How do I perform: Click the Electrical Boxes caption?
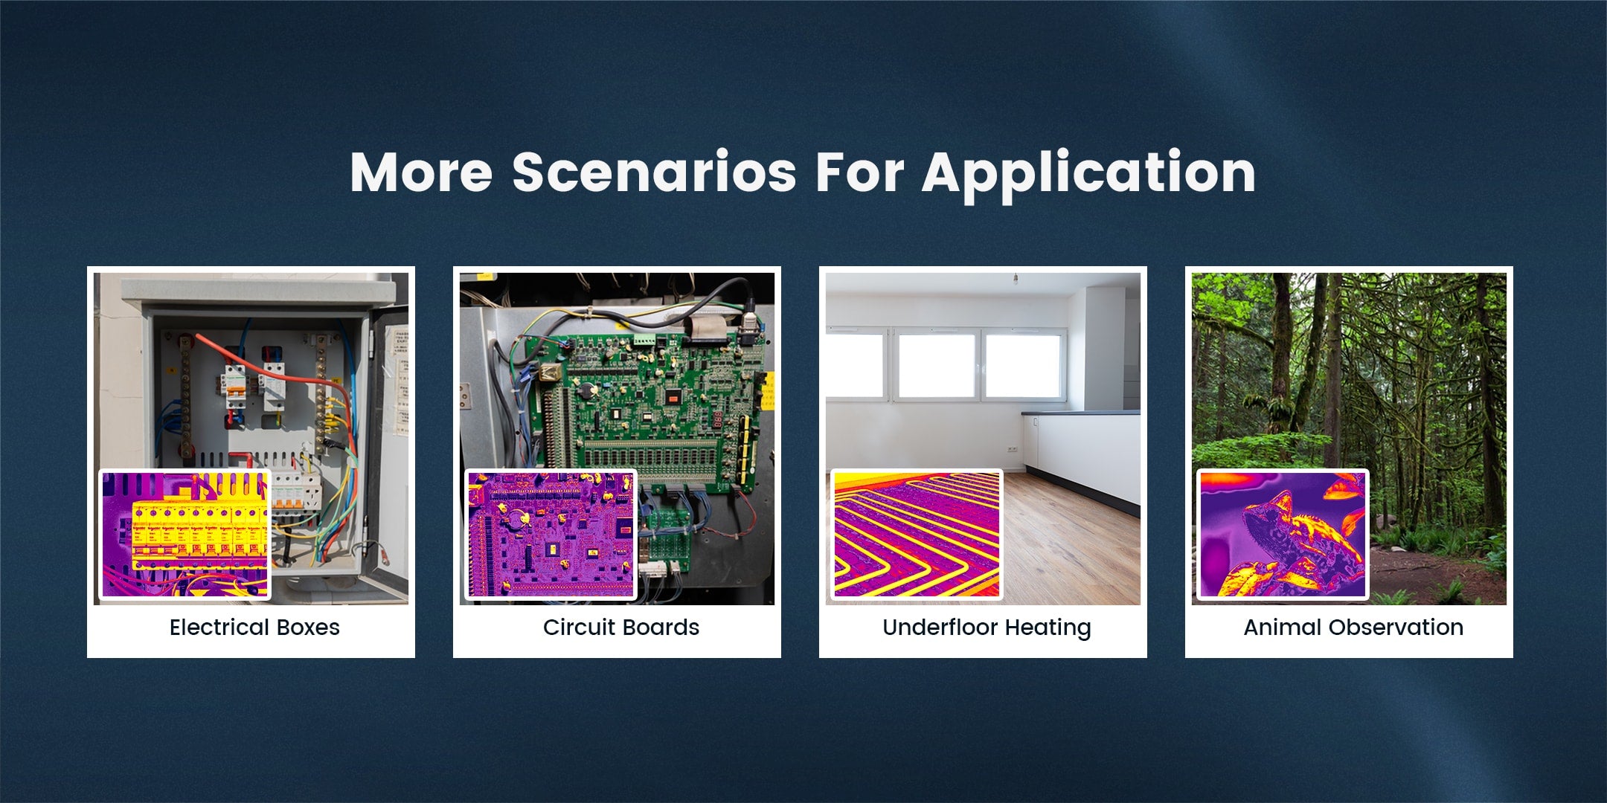coord(254,628)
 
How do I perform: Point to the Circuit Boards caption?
coord(621,628)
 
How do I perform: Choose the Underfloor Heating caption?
coord(987,628)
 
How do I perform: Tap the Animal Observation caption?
coord(1353,628)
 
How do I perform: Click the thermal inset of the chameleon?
coord(1283,535)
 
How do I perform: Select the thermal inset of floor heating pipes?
coord(917,535)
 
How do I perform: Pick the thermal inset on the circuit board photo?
coord(551,535)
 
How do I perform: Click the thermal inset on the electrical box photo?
coord(185,535)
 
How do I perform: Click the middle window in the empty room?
coord(937,366)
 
